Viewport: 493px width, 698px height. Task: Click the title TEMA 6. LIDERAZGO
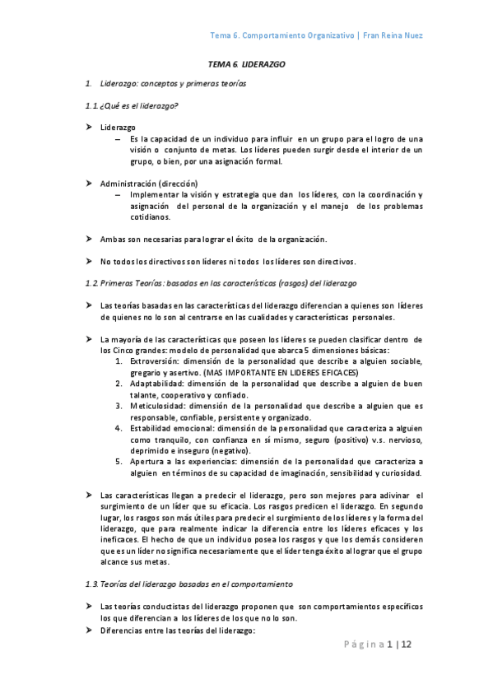[246, 63]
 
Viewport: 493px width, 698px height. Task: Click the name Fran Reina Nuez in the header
[394, 35]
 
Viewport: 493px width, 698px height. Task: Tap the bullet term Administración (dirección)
[148, 183]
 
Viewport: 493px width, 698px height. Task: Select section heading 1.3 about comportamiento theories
[188, 584]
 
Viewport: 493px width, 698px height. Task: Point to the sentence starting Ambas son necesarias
[213, 239]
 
